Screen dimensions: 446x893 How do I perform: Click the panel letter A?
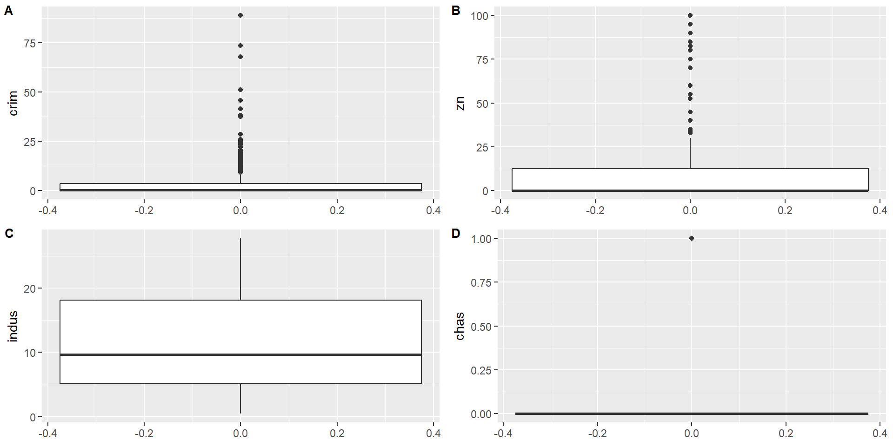tap(8, 11)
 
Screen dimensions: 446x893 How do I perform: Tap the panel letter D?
tap(456, 233)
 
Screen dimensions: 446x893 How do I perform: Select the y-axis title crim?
tap(13, 103)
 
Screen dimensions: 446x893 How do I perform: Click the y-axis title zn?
tap(460, 103)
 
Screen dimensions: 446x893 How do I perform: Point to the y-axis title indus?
tap(13, 326)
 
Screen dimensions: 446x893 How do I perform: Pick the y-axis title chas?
tap(460, 326)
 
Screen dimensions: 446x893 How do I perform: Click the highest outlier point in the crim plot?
tap(240, 15)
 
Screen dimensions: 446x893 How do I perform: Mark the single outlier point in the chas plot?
tap(692, 238)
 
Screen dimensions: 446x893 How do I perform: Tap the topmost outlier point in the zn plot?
tap(690, 15)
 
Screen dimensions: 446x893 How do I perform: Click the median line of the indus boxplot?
tap(240, 354)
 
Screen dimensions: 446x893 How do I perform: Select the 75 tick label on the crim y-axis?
tap(30, 43)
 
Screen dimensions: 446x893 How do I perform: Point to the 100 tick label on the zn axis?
tap(479, 16)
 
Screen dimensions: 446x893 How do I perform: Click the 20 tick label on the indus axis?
tap(30, 289)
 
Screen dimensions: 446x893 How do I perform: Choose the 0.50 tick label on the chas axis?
tap(481, 327)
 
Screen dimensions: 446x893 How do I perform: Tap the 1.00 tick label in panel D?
tap(481, 239)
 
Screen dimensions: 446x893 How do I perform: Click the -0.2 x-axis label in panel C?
tap(144, 433)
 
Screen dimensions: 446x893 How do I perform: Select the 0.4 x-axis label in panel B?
tap(880, 210)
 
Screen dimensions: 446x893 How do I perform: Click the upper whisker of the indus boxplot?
tap(240, 269)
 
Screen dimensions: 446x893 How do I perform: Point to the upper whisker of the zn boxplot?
tap(690, 153)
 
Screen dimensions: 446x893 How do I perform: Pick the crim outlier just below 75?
tap(240, 46)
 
